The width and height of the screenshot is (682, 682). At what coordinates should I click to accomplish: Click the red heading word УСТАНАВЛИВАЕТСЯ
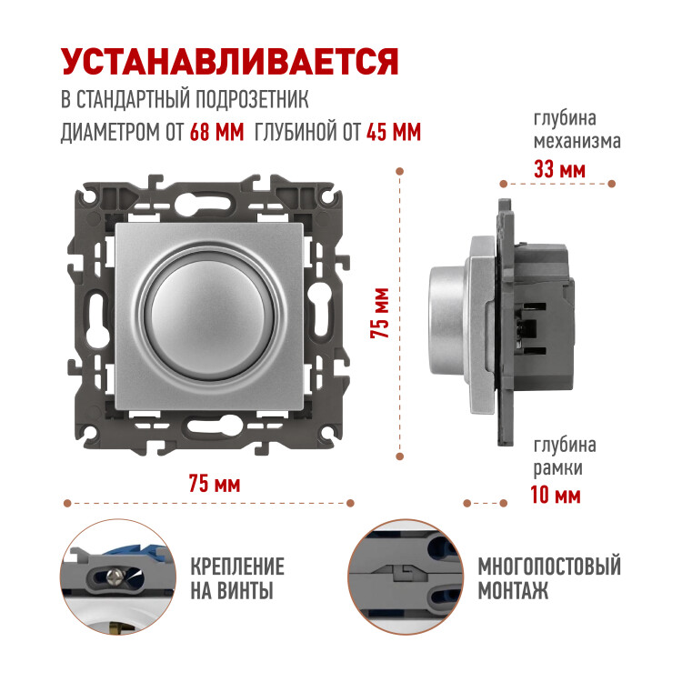[230, 62]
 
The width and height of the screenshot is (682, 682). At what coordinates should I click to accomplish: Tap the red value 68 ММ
[216, 131]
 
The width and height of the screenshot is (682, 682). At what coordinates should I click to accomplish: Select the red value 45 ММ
[394, 131]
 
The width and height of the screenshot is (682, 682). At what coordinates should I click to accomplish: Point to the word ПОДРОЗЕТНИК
[251, 99]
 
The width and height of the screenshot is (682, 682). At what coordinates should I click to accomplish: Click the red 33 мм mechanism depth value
[559, 169]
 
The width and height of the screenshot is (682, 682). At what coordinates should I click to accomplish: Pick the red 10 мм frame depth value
[556, 495]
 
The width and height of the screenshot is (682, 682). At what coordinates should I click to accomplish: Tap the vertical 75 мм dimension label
[379, 313]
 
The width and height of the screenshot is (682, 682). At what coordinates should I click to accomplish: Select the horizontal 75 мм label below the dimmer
[215, 484]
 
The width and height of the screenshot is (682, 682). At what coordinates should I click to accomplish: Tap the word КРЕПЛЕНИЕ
[237, 567]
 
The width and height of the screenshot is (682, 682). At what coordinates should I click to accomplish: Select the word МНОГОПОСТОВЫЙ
[549, 567]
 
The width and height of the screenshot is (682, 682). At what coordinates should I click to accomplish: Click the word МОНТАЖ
[513, 590]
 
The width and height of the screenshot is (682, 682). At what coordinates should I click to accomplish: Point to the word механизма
[577, 141]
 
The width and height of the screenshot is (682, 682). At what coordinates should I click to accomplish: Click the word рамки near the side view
[558, 468]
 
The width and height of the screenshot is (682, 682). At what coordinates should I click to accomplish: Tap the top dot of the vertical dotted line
[400, 171]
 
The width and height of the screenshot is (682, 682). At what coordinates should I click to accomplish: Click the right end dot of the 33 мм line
[611, 184]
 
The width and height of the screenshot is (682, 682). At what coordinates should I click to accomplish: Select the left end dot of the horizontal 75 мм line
[67, 503]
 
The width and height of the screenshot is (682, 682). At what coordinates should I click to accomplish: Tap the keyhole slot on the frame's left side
[97, 316]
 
